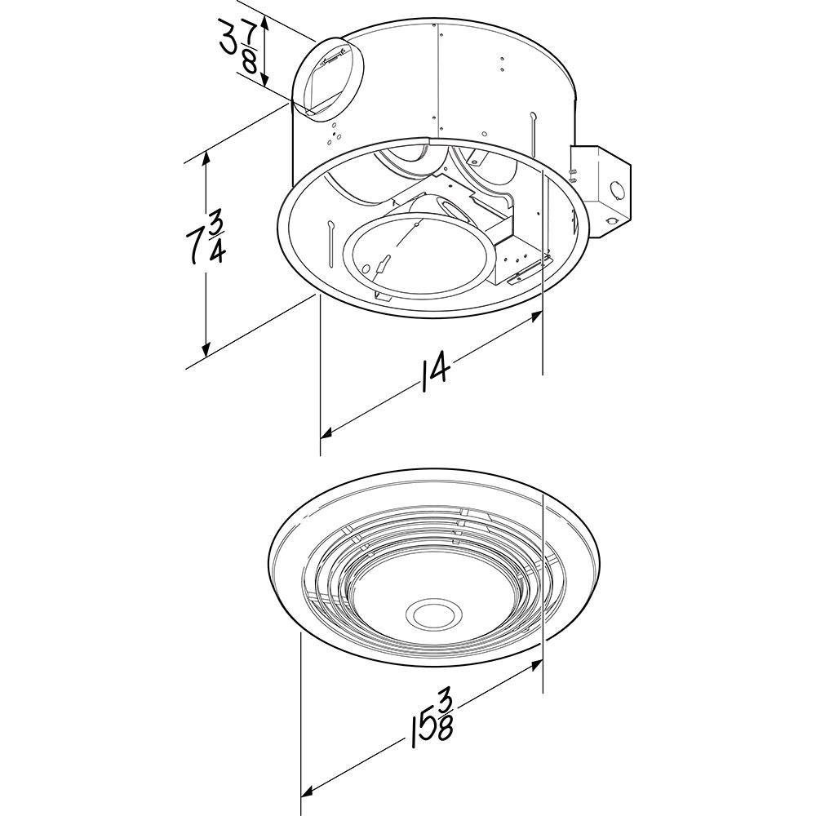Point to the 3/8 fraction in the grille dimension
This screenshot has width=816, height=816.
tap(444, 715)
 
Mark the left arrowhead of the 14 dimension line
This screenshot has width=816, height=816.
tap(326, 432)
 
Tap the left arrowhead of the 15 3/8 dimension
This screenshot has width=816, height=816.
tap(308, 792)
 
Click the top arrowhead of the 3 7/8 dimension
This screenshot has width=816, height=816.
tap(264, 24)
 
